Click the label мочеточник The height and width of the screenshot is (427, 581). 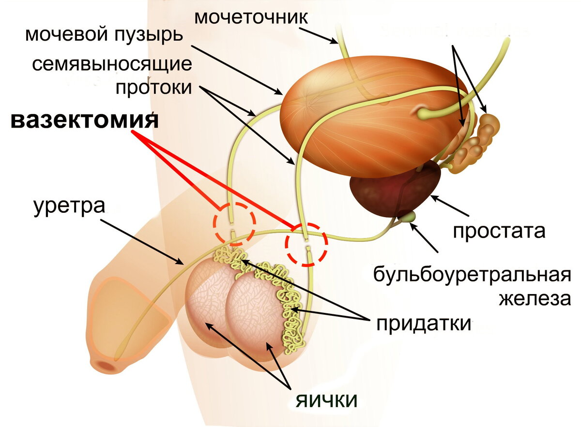click(250, 17)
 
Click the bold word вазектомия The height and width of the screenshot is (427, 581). click(84, 120)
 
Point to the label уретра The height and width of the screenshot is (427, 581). click(69, 207)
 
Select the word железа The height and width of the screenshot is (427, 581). click(535, 298)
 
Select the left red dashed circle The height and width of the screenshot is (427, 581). click(234, 223)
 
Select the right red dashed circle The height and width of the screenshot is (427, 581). click(306, 244)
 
